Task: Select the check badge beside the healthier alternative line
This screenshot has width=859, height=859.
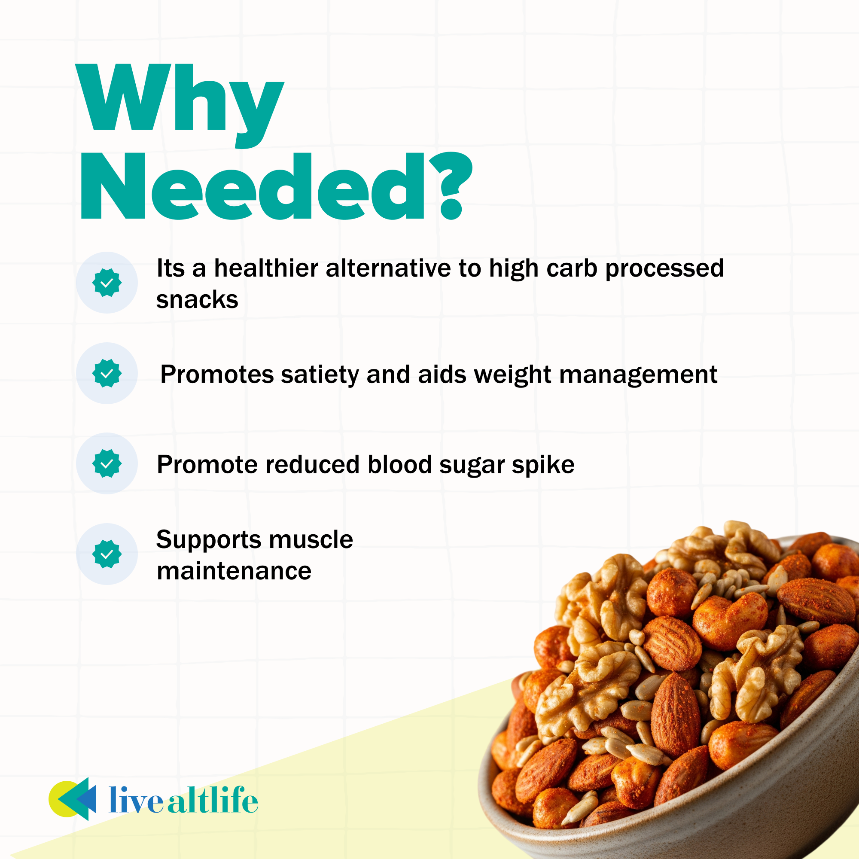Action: click(x=107, y=283)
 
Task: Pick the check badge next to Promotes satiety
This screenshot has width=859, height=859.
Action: click(x=107, y=374)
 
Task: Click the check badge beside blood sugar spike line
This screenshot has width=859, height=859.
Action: click(x=107, y=463)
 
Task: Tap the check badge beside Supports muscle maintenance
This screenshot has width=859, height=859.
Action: click(x=107, y=554)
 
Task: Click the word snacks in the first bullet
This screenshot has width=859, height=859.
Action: click(x=197, y=300)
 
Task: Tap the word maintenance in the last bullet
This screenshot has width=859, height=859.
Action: click(x=234, y=571)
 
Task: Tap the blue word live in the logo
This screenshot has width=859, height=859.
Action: click(x=136, y=800)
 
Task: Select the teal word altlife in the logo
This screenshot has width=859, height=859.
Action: click(x=213, y=800)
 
